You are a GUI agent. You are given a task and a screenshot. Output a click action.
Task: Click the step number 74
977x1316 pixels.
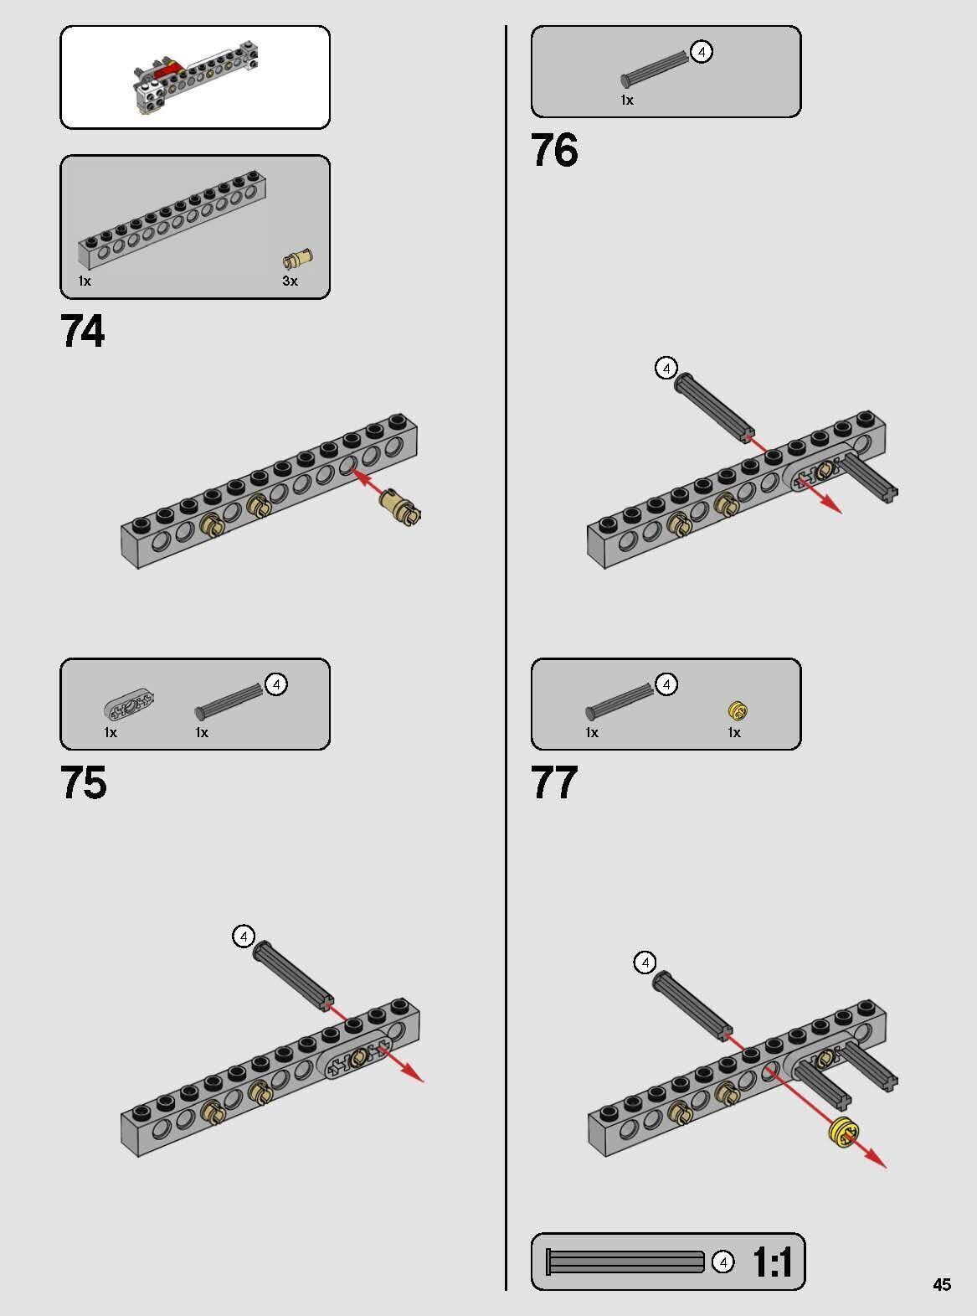pos(82,330)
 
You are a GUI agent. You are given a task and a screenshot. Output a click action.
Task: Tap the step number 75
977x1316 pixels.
pos(83,782)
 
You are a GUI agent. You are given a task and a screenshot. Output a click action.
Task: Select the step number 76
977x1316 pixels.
pos(554,149)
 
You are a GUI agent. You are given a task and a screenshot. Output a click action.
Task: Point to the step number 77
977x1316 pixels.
pos(554,782)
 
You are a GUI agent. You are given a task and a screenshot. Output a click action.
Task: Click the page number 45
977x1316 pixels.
pos(942,1284)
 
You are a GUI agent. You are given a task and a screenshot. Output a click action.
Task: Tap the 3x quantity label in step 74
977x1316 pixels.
pos(290,281)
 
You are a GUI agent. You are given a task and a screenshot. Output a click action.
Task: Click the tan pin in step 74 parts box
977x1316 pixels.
pos(297,259)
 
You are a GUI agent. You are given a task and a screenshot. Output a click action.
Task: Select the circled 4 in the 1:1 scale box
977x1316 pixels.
pos(722,1262)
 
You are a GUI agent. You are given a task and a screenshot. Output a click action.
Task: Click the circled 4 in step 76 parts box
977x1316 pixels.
pos(702,52)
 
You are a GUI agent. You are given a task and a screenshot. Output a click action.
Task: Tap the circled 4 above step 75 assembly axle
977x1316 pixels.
pos(244,937)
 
